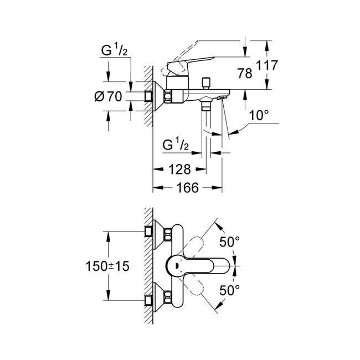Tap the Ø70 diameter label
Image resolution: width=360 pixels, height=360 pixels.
click(108, 96)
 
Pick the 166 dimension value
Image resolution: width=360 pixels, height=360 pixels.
click(187, 188)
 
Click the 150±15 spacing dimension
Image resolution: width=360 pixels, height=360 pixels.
click(108, 266)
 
